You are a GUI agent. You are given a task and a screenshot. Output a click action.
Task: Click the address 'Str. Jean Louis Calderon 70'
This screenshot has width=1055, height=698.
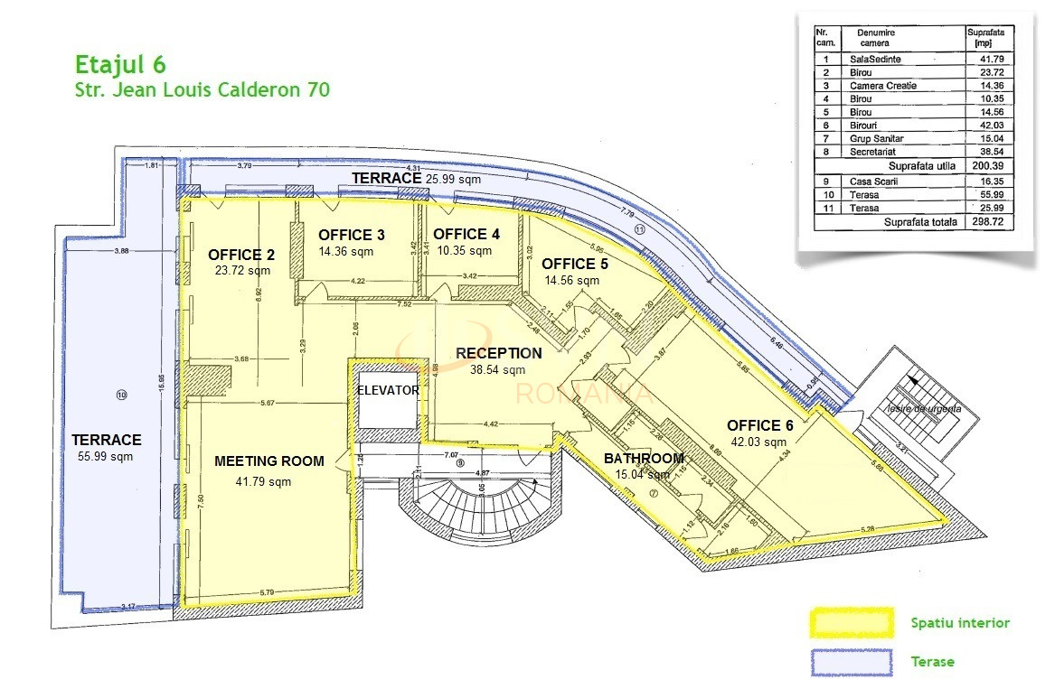click(x=201, y=89)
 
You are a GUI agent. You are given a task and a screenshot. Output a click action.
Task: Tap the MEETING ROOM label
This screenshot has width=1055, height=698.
click(x=268, y=461)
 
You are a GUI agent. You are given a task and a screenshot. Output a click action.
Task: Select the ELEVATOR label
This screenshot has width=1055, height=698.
click(x=388, y=391)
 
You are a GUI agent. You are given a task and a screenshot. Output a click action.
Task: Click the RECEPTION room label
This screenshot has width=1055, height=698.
click(x=498, y=353)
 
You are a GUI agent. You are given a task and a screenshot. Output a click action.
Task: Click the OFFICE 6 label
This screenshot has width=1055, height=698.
click(x=766, y=425)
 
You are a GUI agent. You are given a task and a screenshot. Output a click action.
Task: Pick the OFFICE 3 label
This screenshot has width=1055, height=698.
click(x=352, y=235)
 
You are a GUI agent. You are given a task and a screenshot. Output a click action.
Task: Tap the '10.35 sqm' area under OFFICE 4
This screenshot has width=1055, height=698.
click(x=464, y=250)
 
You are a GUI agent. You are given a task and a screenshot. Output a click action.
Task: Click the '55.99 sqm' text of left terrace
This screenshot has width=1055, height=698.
click(x=106, y=456)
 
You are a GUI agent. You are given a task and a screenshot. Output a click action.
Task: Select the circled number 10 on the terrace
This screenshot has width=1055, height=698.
click(x=122, y=395)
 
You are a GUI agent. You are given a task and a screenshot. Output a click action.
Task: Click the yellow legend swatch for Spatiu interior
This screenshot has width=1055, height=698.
click(x=850, y=623)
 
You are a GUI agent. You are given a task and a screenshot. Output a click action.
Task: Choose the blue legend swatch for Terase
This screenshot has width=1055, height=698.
click(x=850, y=662)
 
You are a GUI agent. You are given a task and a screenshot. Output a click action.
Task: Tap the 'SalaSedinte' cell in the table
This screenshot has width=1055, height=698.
click(x=875, y=59)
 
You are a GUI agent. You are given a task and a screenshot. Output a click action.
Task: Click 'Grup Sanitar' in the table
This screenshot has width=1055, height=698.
click(x=876, y=139)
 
